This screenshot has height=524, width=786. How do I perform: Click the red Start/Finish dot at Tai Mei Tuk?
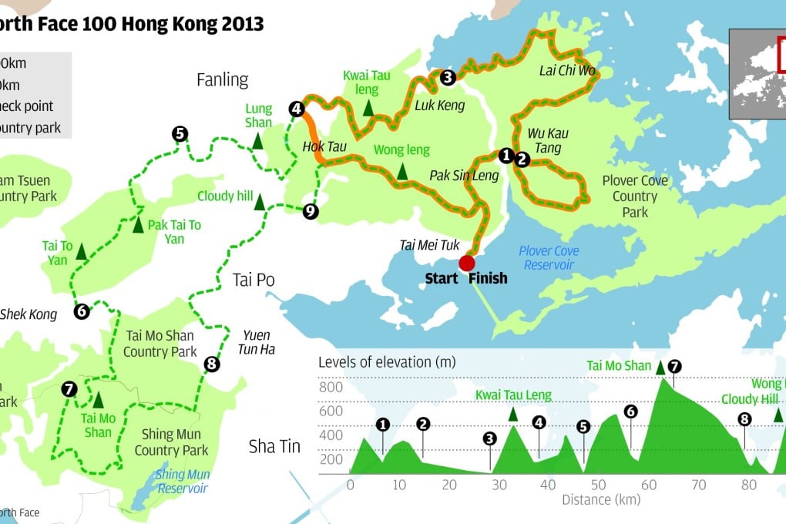coord(467,264)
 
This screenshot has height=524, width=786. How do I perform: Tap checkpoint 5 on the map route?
coord(180,134)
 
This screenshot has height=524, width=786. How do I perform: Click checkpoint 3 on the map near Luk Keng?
coord(448,76)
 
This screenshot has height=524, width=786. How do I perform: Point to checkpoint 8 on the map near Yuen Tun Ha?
coord(212,364)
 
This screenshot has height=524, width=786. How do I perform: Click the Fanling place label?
coord(223,80)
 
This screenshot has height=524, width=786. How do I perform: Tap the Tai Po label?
coord(254,279)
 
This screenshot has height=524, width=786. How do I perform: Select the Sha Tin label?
coord(274,446)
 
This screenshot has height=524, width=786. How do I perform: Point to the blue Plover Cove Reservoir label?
coord(549,258)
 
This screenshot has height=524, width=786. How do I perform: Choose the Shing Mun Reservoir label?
coord(182,482)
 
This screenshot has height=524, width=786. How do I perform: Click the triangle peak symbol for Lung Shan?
coord(258,141)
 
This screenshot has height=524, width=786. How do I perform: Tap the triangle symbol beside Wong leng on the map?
coord(402,169)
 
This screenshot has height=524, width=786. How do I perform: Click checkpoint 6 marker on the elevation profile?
coord(630,411)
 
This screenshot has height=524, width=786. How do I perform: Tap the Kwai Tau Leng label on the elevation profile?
coord(513,395)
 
